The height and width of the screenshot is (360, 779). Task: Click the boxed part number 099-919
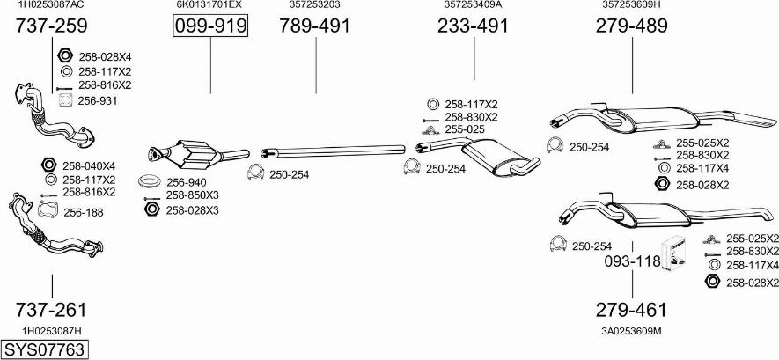click(x=210, y=26)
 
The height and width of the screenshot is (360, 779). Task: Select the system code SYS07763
click(x=44, y=349)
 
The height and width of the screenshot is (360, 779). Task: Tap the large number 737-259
click(x=51, y=26)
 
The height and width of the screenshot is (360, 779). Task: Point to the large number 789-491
click(x=314, y=26)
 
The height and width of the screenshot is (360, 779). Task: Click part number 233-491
click(x=473, y=26)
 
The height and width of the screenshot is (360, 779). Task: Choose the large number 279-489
click(x=632, y=26)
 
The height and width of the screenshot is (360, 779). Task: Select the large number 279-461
click(x=631, y=310)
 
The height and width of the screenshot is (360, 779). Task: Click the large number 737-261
click(x=51, y=310)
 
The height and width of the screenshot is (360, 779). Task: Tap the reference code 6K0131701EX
click(x=209, y=4)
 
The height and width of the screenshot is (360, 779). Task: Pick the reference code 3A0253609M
click(x=631, y=331)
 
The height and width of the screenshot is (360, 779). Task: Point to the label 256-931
click(x=98, y=101)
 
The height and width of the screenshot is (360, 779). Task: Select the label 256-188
click(x=84, y=213)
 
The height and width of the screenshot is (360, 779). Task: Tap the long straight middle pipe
click(x=333, y=151)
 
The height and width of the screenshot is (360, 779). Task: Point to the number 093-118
click(x=632, y=261)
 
